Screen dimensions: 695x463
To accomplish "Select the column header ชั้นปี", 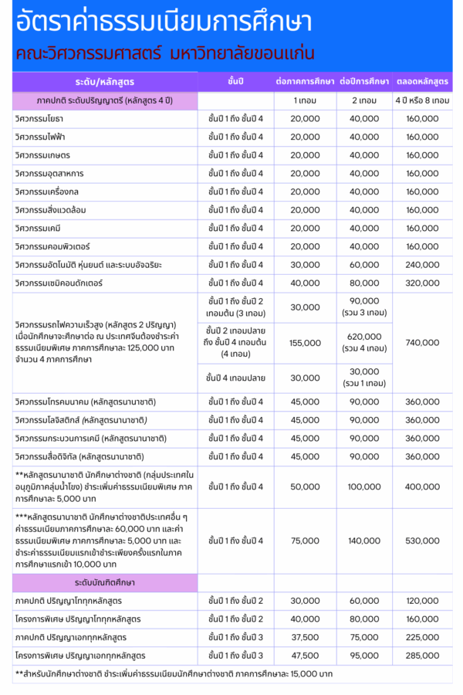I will tap(235, 81).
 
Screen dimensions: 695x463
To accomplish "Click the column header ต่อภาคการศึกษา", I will tap(305, 81).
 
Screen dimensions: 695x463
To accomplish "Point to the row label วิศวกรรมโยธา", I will tap(39, 118).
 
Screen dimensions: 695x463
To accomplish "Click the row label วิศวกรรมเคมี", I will tap(38, 228).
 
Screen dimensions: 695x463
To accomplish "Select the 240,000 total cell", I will tap(422, 265).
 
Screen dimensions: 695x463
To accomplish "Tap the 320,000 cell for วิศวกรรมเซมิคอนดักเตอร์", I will tap(422, 283).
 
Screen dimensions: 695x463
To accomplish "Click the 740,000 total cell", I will tap(422, 342).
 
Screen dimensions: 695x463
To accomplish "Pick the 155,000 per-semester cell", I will tap(305, 342).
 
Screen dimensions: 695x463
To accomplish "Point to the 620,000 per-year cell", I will tap(364, 342).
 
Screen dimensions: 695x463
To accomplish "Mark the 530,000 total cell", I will tap(422, 541).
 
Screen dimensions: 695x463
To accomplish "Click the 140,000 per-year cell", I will tap(364, 541).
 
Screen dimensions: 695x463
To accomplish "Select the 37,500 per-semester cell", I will tap(305, 637).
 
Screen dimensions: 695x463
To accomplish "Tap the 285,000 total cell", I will tap(422, 656).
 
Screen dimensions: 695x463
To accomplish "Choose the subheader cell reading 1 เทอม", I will tap(305, 100).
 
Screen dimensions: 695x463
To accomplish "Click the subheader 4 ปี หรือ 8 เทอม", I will tap(422, 100).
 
